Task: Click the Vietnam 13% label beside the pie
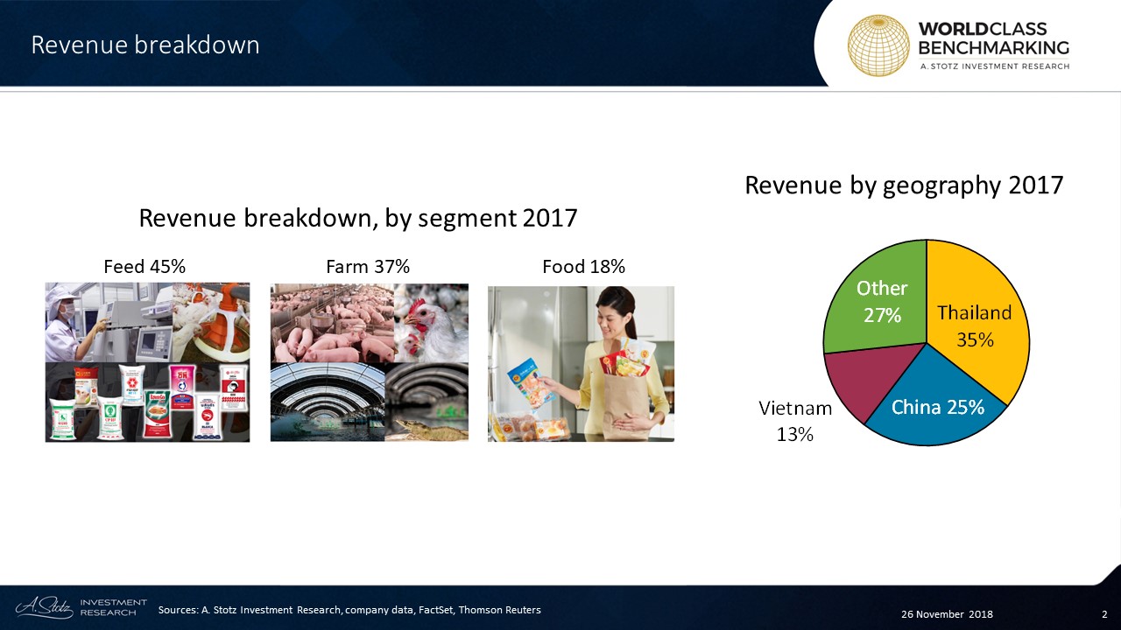click(x=795, y=421)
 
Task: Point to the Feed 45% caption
click(x=145, y=267)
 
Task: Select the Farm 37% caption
click(x=368, y=267)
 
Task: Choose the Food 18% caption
click(x=583, y=267)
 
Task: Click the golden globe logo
click(x=878, y=45)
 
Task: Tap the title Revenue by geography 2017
click(x=904, y=185)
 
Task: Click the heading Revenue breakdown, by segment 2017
click(x=358, y=219)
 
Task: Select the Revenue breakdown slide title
click(x=145, y=45)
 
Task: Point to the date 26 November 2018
click(x=947, y=614)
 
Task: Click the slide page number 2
click(x=1104, y=614)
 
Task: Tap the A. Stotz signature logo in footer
click(x=44, y=607)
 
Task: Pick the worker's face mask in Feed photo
click(x=67, y=312)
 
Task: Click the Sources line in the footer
click(x=349, y=610)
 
